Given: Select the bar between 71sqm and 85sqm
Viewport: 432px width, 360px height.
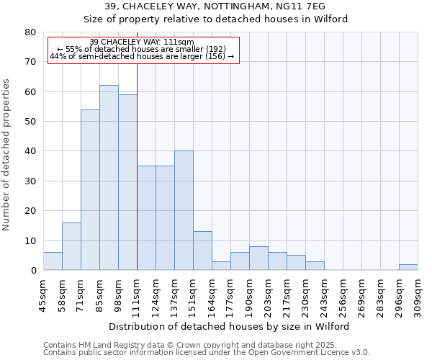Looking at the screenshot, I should click(x=90, y=190).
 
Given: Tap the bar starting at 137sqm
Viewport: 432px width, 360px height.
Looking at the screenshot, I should click(x=184, y=210).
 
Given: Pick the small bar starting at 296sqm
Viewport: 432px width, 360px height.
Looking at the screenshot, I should click(x=408, y=267).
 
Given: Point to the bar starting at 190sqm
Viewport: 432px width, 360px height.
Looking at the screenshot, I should click(x=258, y=258).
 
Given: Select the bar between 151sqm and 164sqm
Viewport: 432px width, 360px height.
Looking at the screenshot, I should click(x=202, y=251).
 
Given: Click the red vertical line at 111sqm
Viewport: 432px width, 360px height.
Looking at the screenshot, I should click(x=137, y=166).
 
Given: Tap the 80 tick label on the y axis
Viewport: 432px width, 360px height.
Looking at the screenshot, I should click(x=30, y=32).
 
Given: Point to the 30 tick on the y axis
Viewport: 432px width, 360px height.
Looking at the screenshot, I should click(x=30, y=181).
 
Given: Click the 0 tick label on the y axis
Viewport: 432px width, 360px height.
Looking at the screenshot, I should click(x=32, y=271).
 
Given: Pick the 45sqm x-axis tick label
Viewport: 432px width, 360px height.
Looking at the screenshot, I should click(x=44, y=292).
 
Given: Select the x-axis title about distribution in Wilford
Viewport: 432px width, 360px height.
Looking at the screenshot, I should click(x=230, y=326).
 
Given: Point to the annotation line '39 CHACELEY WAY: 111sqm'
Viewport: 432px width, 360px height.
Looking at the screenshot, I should click(x=142, y=42).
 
